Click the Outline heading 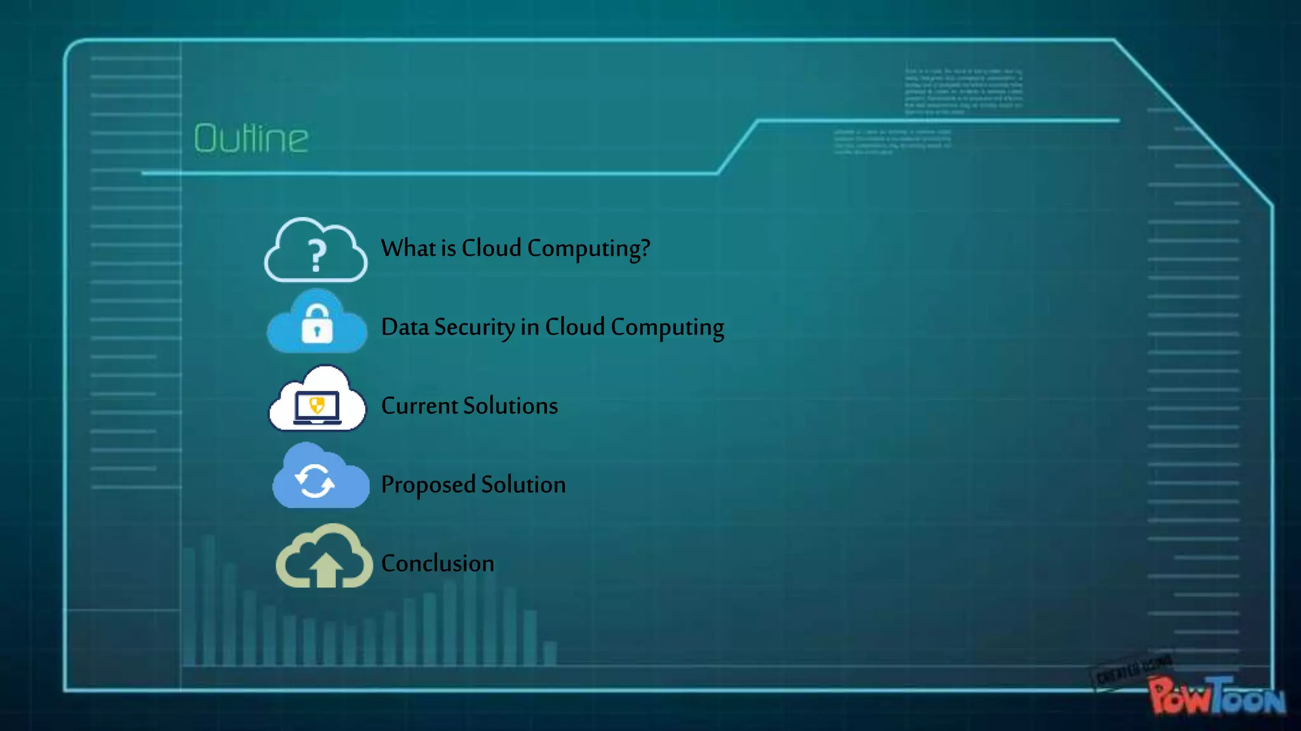[x=251, y=138]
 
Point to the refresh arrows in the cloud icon [x=315, y=481]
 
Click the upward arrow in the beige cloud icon [x=326, y=568]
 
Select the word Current [x=419, y=406]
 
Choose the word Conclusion [x=438, y=563]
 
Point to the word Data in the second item [x=405, y=327]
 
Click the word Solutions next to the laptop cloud [x=511, y=406]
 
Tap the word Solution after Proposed [x=523, y=485]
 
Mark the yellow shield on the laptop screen [x=317, y=405]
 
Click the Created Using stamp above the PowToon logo [x=1135, y=671]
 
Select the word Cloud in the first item [x=491, y=248]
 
